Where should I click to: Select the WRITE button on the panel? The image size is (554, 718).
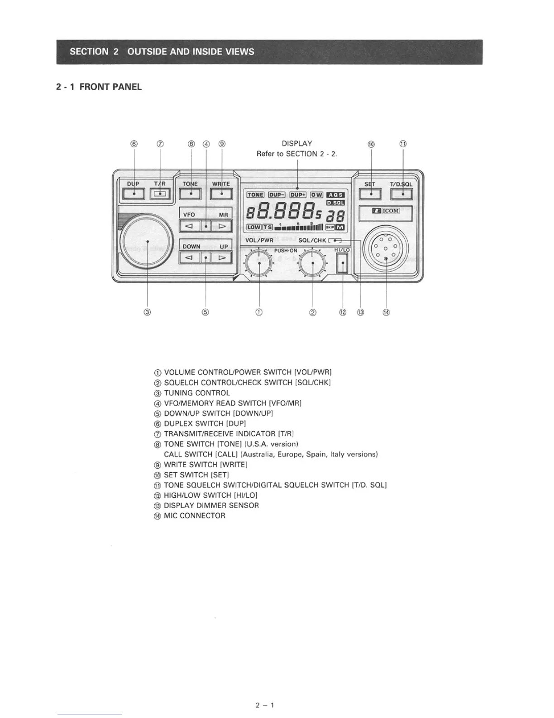coord(221,194)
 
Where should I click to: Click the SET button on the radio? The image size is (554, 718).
coord(370,194)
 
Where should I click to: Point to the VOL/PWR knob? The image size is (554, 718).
coord(258,264)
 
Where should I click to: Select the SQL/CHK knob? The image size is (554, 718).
coord(313,264)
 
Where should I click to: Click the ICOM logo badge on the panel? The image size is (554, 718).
coord(386,211)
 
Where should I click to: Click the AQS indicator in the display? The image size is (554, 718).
coord(335,194)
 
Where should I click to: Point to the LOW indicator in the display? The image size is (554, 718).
coord(254,227)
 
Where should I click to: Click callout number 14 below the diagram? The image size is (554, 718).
coord(386,312)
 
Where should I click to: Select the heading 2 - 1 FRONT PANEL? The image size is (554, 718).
coord(99,87)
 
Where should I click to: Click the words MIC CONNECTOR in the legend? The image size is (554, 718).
coord(194,516)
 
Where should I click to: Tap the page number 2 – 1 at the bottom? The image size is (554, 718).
coord(265,705)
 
